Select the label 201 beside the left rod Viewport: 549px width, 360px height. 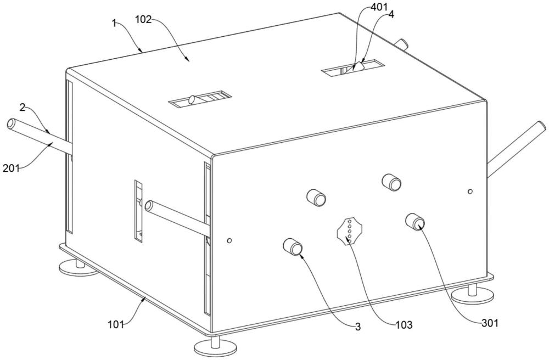pos(11,167)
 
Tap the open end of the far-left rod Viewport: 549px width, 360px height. pos(12,124)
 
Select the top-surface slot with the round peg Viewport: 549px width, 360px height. pos(199,99)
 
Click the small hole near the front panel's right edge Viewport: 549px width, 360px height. pos(469,191)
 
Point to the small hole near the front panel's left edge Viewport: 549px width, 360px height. pos(229,240)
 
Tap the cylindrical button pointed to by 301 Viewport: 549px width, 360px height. pos(414,222)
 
